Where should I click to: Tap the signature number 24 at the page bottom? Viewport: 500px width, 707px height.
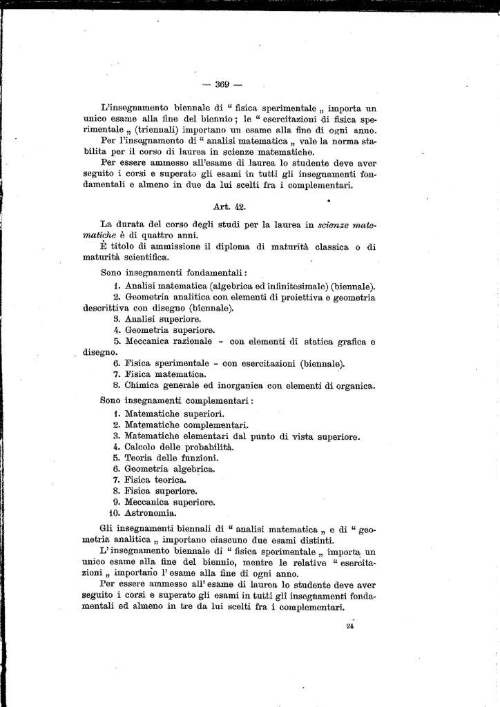(x=349, y=626)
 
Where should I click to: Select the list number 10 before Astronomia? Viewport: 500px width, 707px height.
(x=115, y=513)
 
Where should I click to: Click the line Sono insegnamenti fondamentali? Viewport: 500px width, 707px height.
(x=174, y=273)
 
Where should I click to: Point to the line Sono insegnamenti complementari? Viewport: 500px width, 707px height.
(x=176, y=400)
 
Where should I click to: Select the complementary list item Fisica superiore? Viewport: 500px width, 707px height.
(x=155, y=491)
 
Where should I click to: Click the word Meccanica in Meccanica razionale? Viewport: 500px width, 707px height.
(x=148, y=341)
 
